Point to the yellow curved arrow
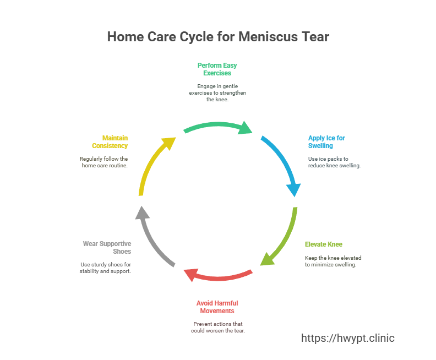pyautogui.click(x=153, y=163)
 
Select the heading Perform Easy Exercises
pyautogui.click(x=217, y=69)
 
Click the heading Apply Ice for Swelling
pyautogui.click(x=326, y=142)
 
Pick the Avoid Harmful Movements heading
pyautogui.click(x=217, y=307)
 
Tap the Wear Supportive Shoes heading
pyautogui.click(x=107, y=247)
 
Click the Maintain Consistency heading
pyautogui.click(x=110, y=141)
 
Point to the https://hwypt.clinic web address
pyautogui.click(x=348, y=338)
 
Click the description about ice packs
pyautogui.click(x=334, y=162)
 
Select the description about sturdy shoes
pyautogui.click(x=106, y=268)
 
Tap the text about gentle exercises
pyautogui.click(x=217, y=93)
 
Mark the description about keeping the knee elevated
pyautogui.click(x=333, y=261)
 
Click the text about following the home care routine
pyautogui.click(x=103, y=162)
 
